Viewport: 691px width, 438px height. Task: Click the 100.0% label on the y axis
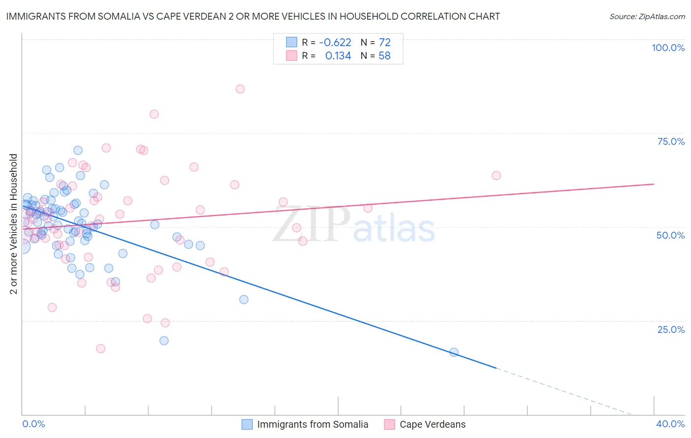click(668, 48)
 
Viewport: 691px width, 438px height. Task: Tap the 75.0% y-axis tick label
click(671, 141)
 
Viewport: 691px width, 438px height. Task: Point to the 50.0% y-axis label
click(670, 235)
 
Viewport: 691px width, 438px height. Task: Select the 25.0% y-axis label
click(671, 329)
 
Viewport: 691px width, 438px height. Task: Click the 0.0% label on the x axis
click(33, 424)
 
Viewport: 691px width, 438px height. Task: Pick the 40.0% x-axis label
click(670, 424)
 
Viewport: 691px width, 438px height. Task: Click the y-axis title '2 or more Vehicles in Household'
click(14, 224)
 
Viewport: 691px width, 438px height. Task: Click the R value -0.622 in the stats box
click(335, 43)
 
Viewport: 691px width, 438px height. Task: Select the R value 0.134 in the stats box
click(338, 56)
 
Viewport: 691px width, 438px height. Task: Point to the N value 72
click(384, 43)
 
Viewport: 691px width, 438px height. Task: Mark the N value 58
click(384, 56)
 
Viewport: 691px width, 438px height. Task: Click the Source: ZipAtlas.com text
click(647, 17)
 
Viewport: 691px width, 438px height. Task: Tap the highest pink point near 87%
click(240, 89)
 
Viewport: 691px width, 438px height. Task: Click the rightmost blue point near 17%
click(454, 352)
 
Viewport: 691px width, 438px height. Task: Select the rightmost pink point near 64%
click(496, 175)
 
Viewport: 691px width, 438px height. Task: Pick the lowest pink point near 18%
click(101, 349)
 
